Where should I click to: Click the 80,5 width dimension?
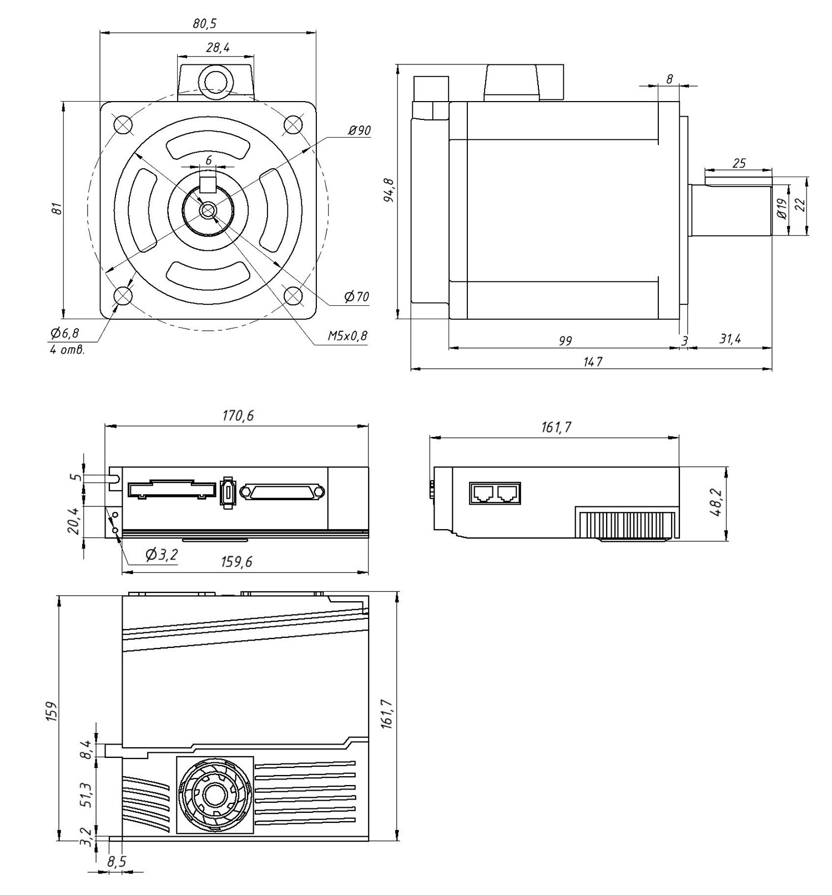[x=205, y=23]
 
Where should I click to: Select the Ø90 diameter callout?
[x=359, y=130]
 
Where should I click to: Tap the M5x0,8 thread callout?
[x=347, y=336]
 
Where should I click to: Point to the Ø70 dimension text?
[x=356, y=297]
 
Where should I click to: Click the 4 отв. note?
[x=67, y=350]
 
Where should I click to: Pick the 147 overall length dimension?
[x=592, y=361]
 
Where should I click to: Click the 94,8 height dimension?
[x=389, y=190]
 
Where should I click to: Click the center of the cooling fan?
[x=214, y=795]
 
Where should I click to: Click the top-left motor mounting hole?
[x=123, y=124]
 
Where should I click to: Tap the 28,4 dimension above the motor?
[x=218, y=48]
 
